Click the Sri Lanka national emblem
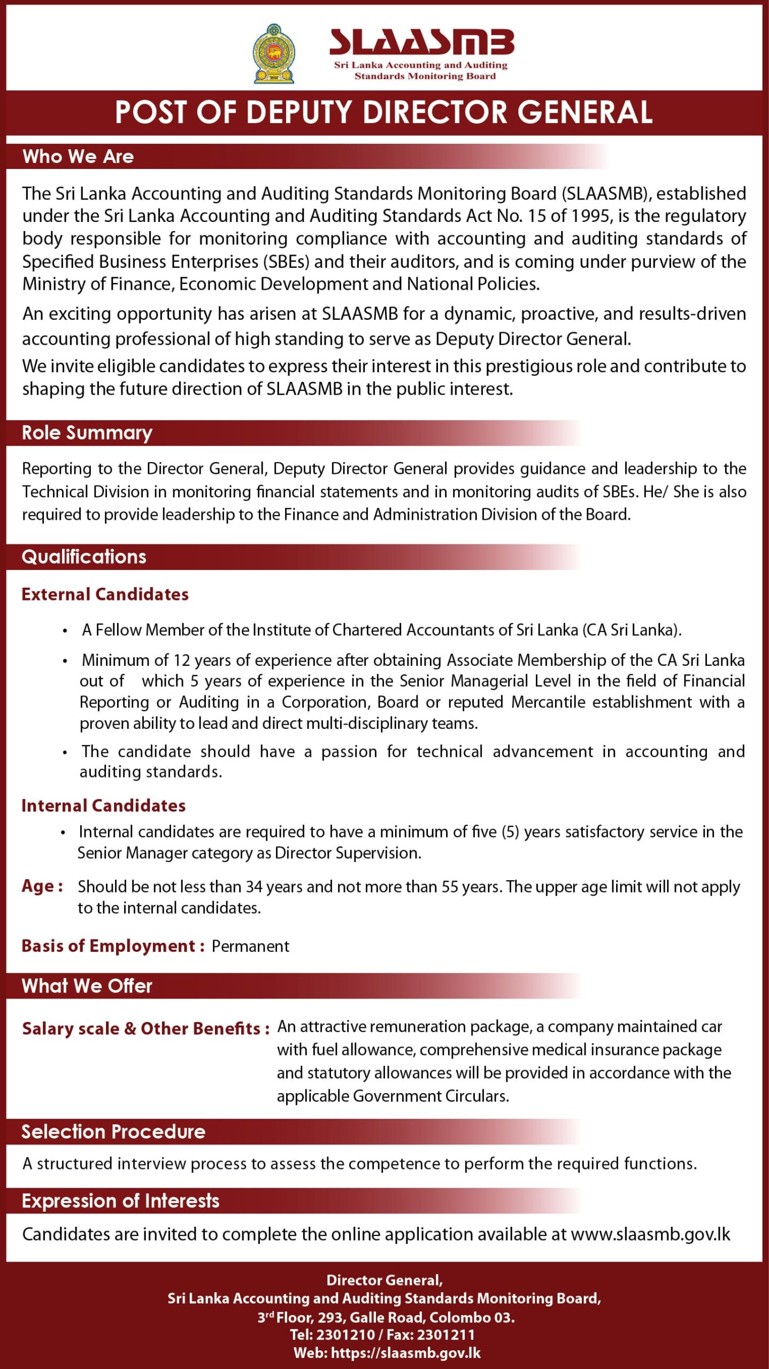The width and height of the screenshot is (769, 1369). pyautogui.click(x=274, y=53)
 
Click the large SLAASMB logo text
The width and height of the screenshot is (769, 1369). pyautogui.click(x=421, y=42)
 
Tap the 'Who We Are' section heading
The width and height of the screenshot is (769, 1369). pyautogui.click(x=78, y=156)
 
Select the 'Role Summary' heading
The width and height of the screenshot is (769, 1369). pyautogui.click(x=87, y=433)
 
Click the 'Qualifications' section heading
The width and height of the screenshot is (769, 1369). pyautogui.click(x=84, y=557)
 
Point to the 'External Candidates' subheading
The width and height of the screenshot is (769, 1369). pyautogui.click(x=105, y=594)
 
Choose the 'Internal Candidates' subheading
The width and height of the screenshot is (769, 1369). pyautogui.click(x=103, y=805)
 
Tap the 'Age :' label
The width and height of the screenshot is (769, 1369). pyautogui.click(x=42, y=886)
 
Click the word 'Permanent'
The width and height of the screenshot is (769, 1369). pyautogui.click(x=250, y=946)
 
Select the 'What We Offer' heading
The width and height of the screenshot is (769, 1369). pyautogui.click(x=87, y=986)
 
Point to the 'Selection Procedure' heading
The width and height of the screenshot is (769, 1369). pyautogui.click(x=113, y=1132)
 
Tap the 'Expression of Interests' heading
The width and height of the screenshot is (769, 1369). pyautogui.click(x=120, y=1201)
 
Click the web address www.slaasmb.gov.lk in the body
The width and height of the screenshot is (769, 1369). pyautogui.click(x=650, y=1234)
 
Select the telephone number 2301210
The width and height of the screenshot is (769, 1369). pyautogui.click(x=345, y=1335)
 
